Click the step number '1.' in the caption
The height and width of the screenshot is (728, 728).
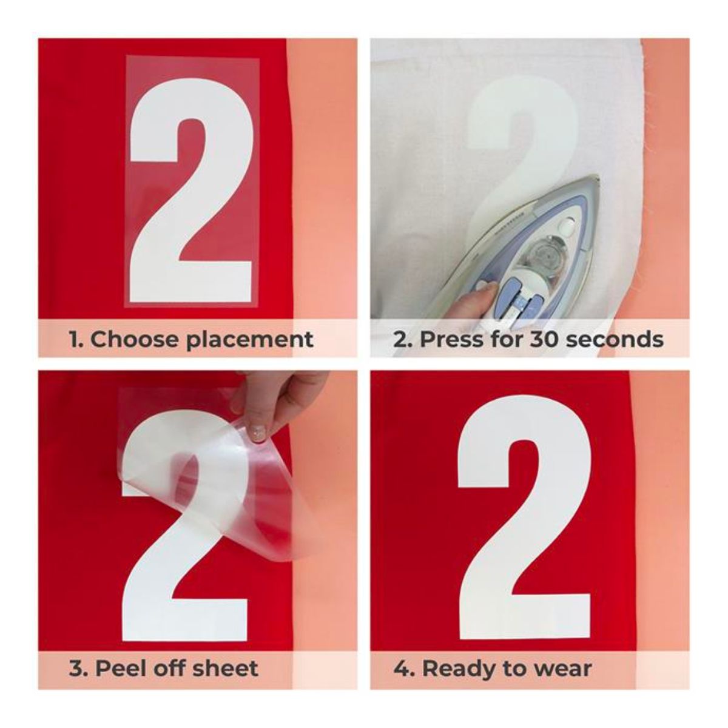[x=76, y=339]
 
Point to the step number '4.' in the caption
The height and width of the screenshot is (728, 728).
[x=402, y=652]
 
